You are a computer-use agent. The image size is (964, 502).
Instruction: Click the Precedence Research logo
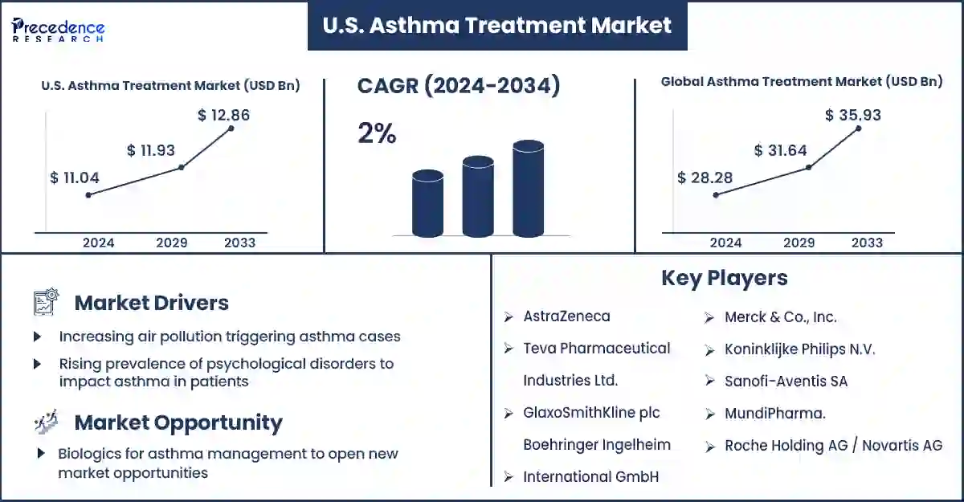click(x=58, y=29)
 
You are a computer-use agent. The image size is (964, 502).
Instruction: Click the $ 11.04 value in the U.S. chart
click(x=75, y=178)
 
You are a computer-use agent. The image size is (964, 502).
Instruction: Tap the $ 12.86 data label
click(x=223, y=115)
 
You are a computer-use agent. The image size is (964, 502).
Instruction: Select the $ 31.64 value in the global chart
click(x=780, y=150)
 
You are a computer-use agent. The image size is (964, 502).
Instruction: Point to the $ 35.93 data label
click(x=853, y=115)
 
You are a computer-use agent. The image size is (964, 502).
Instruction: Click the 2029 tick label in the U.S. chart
click(x=172, y=243)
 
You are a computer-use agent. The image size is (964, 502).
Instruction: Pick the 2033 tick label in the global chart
click(x=867, y=243)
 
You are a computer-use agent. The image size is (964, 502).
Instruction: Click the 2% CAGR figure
click(x=377, y=133)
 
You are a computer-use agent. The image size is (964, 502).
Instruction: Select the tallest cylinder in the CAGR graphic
click(x=528, y=189)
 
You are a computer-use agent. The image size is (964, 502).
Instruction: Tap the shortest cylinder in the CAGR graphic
click(x=427, y=203)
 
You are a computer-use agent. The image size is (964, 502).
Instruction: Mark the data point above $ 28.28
click(x=716, y=195)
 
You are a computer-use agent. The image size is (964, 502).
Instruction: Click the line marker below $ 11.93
click(x=182, y=167)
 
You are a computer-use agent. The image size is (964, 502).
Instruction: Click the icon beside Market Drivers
click(x=46, y=301)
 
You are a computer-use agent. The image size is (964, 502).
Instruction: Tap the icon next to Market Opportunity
click(x=46, y=422)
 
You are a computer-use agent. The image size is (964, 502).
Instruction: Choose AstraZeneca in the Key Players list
click(x=566, y=316)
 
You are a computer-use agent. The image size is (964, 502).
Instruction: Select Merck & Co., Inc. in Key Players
click(x=781, y=317)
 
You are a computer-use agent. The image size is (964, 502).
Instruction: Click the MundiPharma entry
click(x=775, y=414)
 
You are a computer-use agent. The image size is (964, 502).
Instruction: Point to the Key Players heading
click(x=725, y=278)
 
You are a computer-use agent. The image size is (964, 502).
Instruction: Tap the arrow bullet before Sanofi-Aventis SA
click(x=709, y=381)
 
